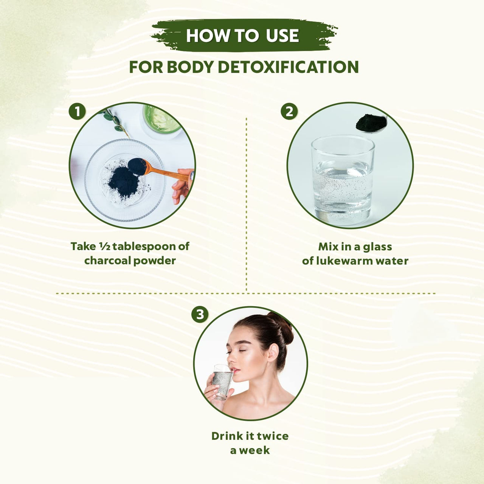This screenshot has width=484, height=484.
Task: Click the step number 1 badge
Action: [77, 112]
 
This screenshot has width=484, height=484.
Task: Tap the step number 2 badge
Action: [289, 112]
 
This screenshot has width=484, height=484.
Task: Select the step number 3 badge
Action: [200, 314]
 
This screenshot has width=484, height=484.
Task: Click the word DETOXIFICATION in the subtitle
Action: [289, 67]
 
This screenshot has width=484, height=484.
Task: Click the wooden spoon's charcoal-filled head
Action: [137, 166]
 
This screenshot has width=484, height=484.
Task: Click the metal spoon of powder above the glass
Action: [371, 123]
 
